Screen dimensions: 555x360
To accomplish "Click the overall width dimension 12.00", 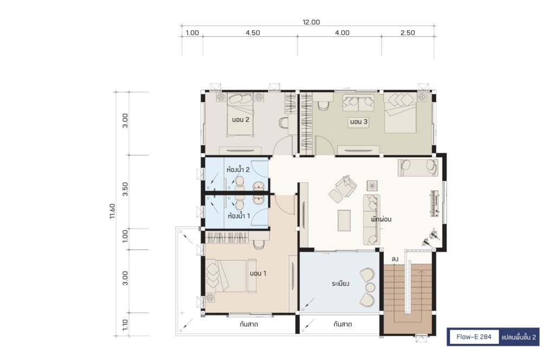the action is pyautogui.click(x=311, y=22).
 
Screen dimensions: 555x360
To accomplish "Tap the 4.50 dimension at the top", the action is pyautogui.click(x=253, y=33).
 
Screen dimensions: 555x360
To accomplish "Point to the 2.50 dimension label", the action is pyautogui.click(x=408, y=33).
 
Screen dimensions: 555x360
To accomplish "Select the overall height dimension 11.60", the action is pyautogui.click(x=113, y=211).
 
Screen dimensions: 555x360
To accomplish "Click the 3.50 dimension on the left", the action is pyautogui.click(x=125, y=189).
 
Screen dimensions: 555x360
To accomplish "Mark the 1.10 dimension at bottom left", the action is pyautogui.click(x=125, y=325).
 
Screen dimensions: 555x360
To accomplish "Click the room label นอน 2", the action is pyautogui.click(x=241, y=120).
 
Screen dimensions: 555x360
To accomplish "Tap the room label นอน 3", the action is pyautogui.click(x=359, y=122).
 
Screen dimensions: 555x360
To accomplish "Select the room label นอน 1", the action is pyautogui.click(x=258, y=273).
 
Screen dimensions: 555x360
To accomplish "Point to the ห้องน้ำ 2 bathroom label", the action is pyautogui.click(x=238, y=170).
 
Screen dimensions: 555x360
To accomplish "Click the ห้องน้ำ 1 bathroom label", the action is pyautogui.click(x=239, y=215).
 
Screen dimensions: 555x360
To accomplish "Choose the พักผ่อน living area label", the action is pyautogui.click(x=381, y=219).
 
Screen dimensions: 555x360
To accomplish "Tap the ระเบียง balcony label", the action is pyautogui.click(x=340, y=284).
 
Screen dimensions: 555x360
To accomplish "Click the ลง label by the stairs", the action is pyautogui.click(x=395, y=259).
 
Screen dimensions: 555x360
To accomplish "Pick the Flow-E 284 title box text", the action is pyautogui.click(x=474, y=337).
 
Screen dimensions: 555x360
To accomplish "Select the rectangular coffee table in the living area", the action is pyautogui.click(x=344, y=220).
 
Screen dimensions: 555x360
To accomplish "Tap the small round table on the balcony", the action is pyautogui.click(x=370, y=287).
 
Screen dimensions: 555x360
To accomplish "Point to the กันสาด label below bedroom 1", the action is pyautogui.click(x=248, y=324).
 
